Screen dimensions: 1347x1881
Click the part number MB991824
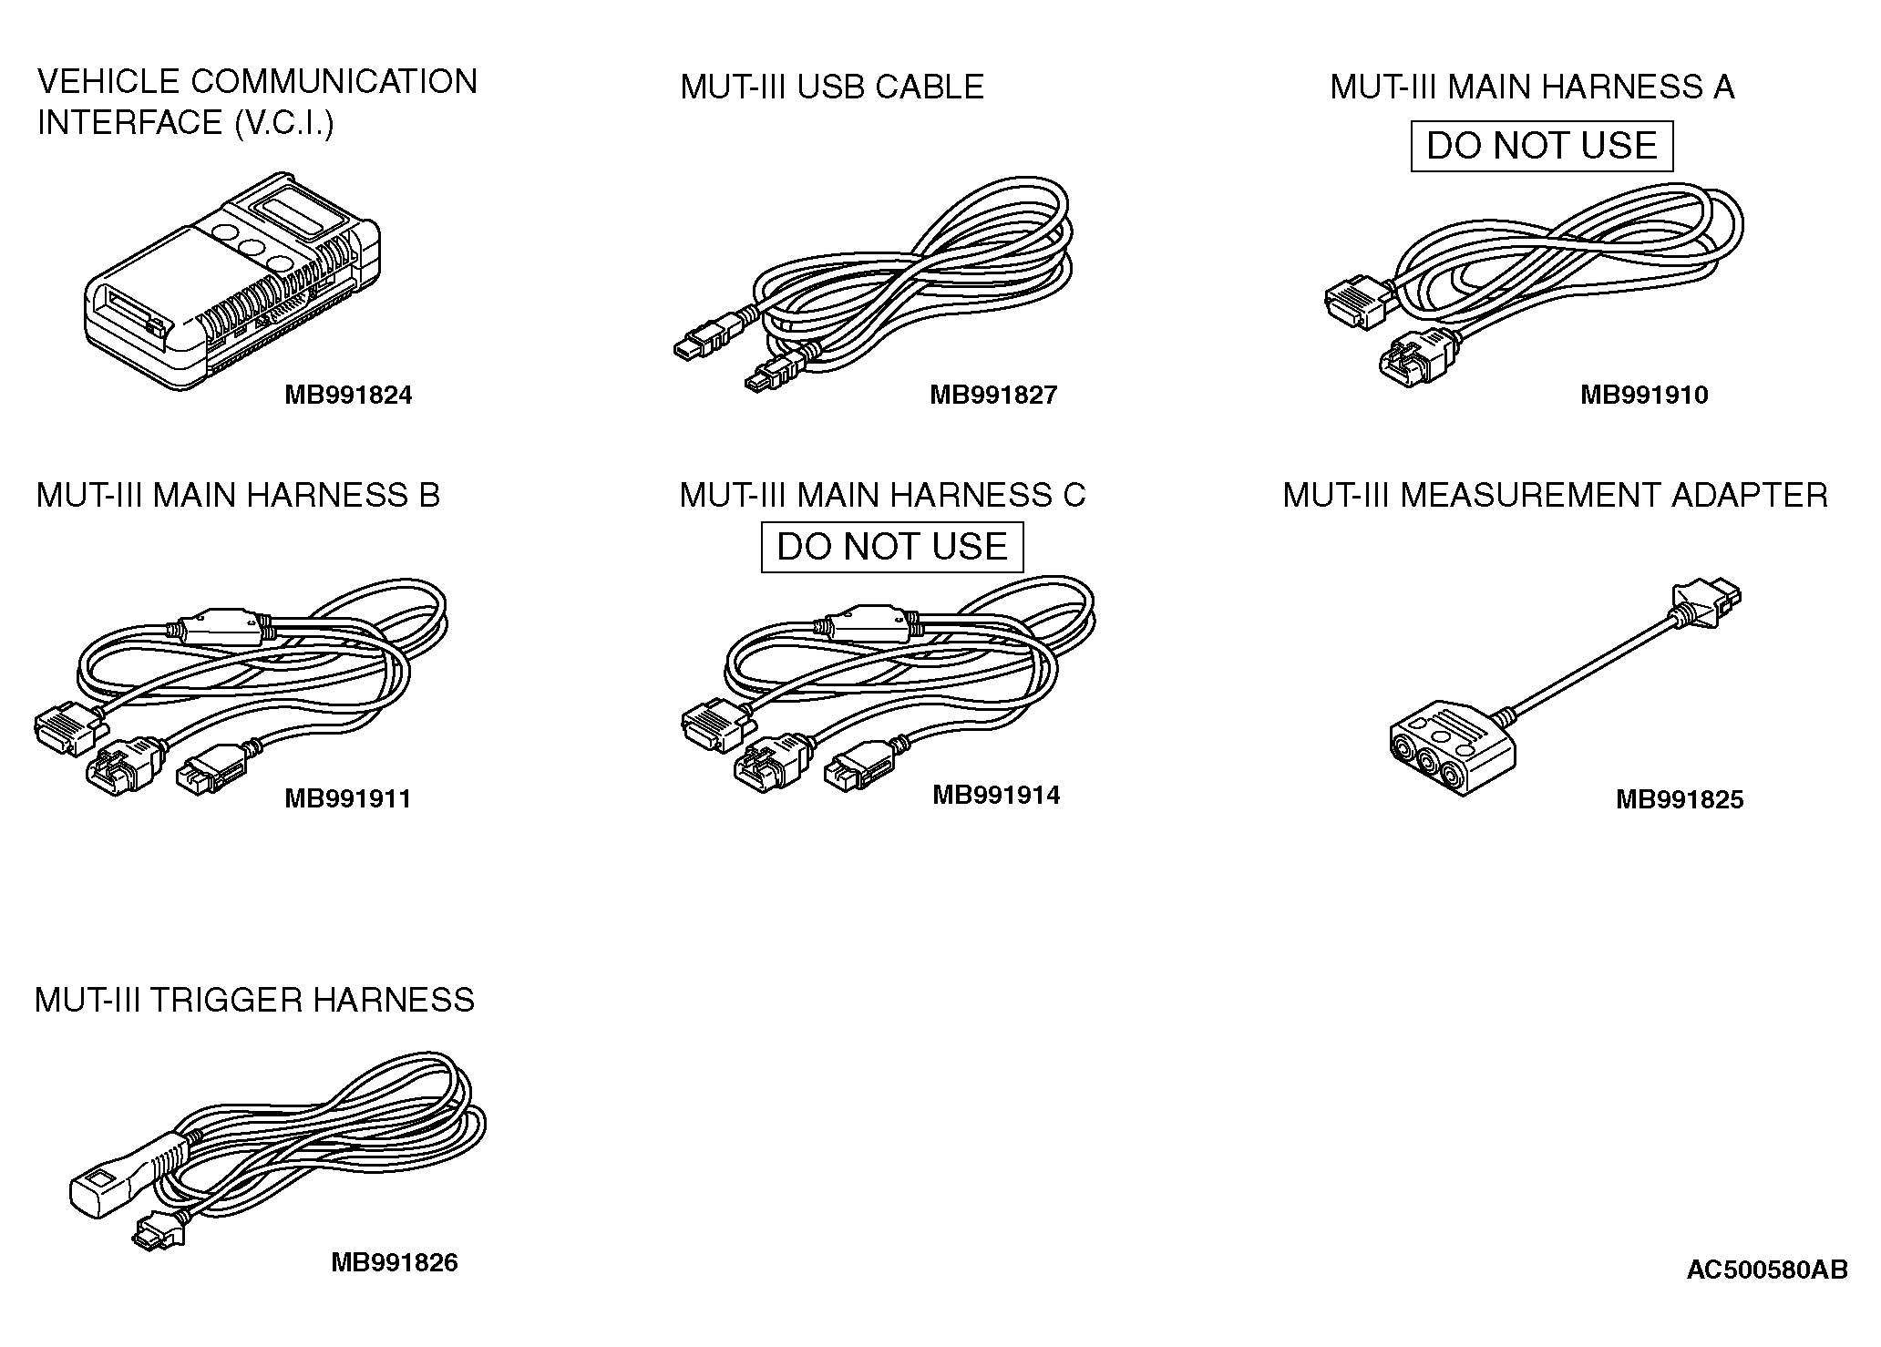(x=348, y=395)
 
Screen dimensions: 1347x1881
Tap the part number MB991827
(x=992, y=395)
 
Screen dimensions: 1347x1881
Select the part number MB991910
(x=1643, y=395)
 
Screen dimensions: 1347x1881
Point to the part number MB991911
(x=348, y=799)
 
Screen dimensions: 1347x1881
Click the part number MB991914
(x=995, y=795)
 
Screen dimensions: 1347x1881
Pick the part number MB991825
(x=1679, y=799)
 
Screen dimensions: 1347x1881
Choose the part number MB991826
(x=394, y=1262)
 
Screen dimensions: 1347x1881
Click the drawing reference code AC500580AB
(x=1766, y=1270)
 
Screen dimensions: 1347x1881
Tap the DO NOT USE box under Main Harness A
(x=1541, y=146)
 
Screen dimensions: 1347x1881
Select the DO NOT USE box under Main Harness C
(x=891, y=547)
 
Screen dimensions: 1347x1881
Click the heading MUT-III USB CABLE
(x=831, y=87)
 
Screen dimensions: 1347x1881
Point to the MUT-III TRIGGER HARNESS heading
(x=254, y=1000)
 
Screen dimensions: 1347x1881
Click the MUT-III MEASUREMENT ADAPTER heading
(x=1555, y=495)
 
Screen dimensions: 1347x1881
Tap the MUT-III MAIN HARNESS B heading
(x=238, y=495)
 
